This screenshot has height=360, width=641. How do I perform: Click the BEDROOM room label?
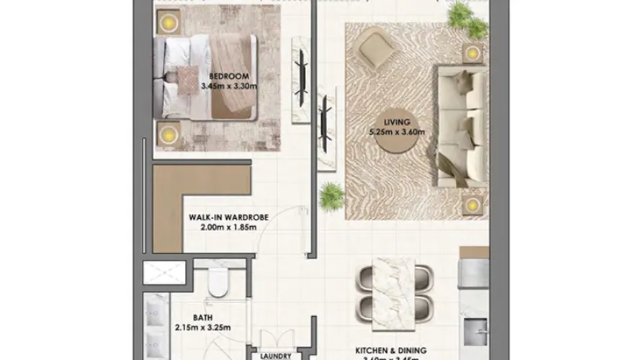coord(229,76)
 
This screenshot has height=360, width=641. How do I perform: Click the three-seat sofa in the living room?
coord(458,122)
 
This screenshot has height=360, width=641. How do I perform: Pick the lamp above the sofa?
coord(472,53)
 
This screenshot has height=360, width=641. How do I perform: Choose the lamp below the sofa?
coord(472,205)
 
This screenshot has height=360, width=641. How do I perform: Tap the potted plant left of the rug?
coord(331,194)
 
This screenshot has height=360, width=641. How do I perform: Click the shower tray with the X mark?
coord(164,273)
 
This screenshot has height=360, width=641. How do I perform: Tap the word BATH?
coord(202,317)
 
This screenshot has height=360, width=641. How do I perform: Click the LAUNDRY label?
coord(277,355)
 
